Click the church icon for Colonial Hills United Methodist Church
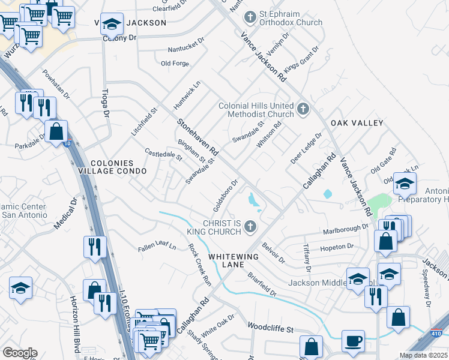click(x=304, y=110)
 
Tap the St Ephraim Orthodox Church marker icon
click(x=250, y=17)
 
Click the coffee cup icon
click(x=353, y=340)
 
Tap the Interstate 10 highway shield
click(x=67, y=143)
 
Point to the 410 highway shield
click(x=436, y=334)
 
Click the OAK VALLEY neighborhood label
click(x=360, y=123)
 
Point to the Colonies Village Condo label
click(x=118, y=167)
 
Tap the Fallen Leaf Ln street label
click(x=157, y=246)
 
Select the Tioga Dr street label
click(x=105, y=104)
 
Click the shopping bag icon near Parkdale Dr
click(x=56, y=131)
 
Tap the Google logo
click(x=20, y=353)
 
